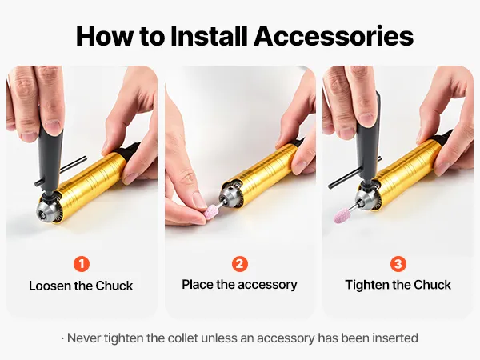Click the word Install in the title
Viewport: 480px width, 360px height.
coord(209,36)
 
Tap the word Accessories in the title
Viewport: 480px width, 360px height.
coord(334,36)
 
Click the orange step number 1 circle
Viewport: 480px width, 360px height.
coord(82,264)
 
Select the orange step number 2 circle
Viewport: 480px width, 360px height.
coord(240,264)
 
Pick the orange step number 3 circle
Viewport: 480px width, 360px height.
coord(398,264)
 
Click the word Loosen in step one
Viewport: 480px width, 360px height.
coord(50,286)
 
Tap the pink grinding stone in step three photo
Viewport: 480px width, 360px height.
coord(342,215)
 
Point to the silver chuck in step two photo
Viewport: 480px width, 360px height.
coord(228,197)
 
